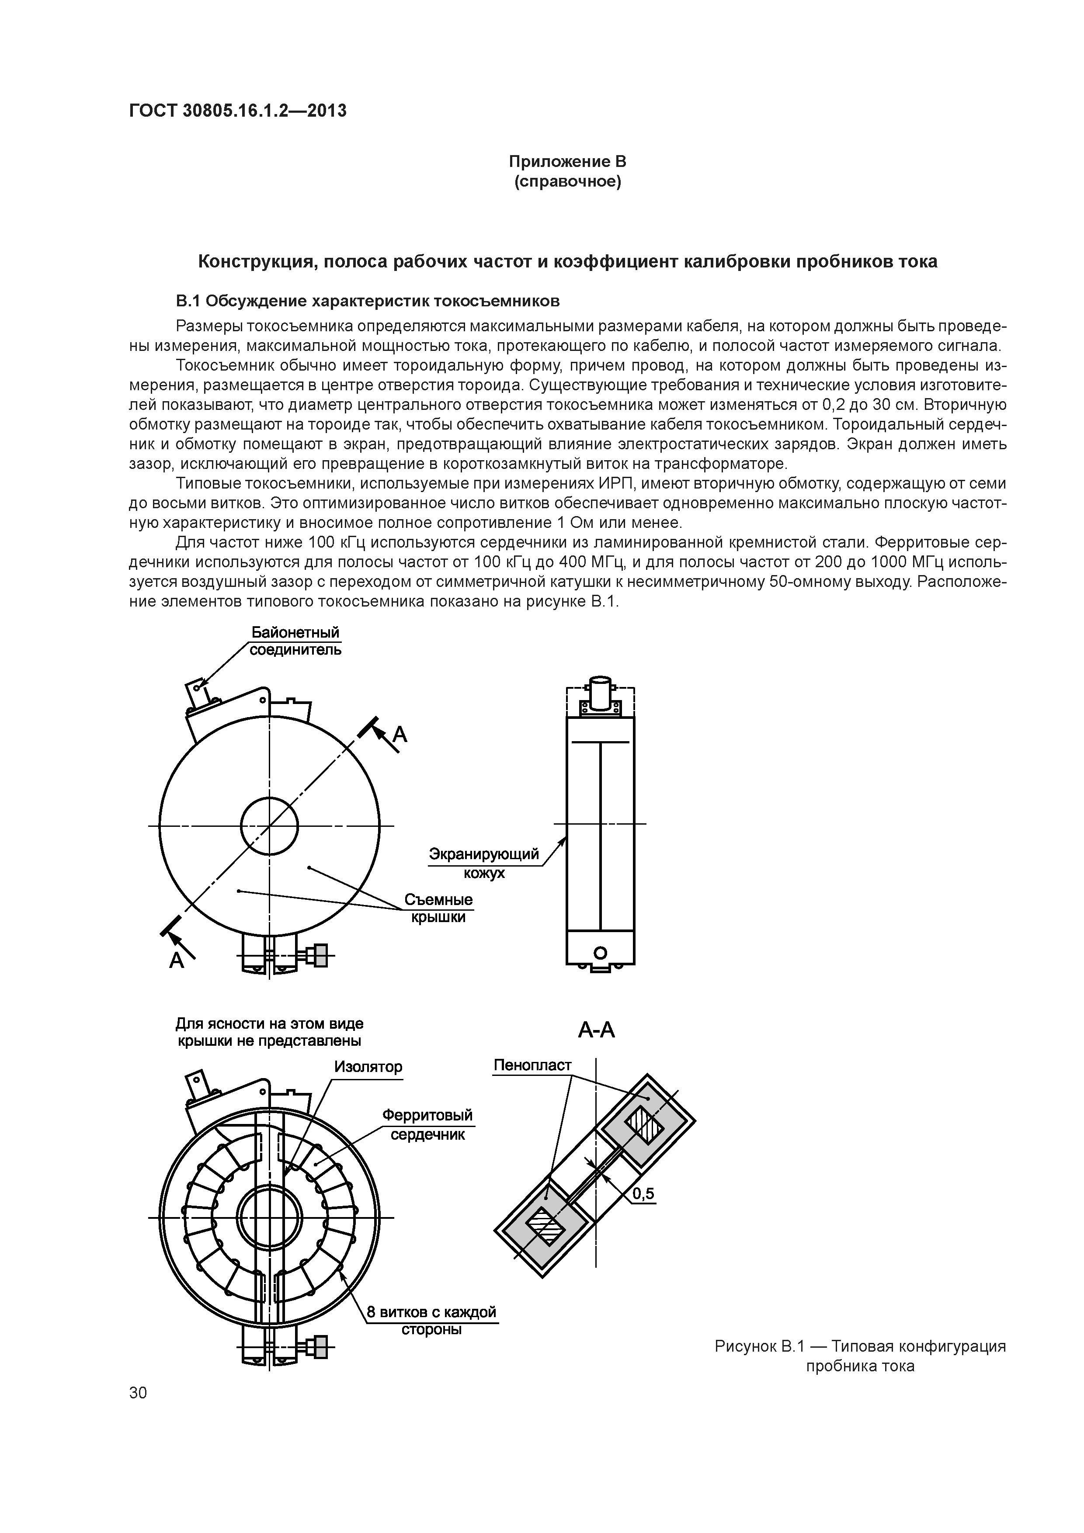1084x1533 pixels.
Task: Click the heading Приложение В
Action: pyautogui.click(x=567, y=162)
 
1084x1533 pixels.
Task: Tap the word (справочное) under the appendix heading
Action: pyautogui.click(x=567, y=182)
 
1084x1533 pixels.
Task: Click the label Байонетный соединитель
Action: pyautogui.click(x=295, y=641)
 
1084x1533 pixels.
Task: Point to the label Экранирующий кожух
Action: pyautogui.click(x=483, y=864)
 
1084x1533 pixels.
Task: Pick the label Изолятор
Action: pyautogui.click(x=368, y=1067)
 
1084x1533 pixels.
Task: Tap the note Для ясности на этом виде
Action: pyautogui.click(x=269, y=1023)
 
